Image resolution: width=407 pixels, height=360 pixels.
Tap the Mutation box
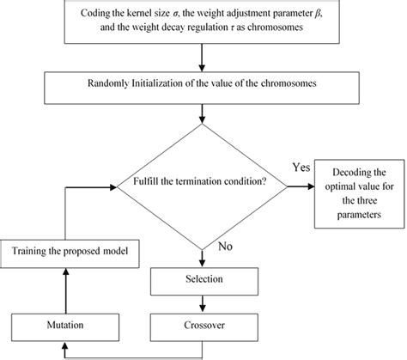pos(64,326)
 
